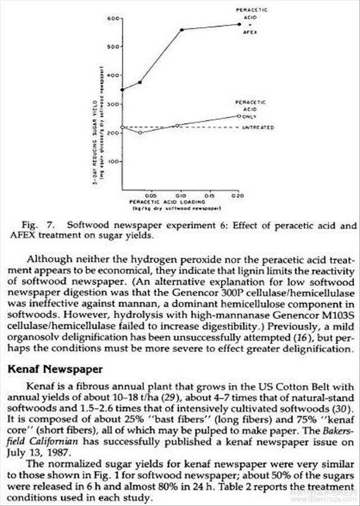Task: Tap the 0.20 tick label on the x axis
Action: click(x=237, y=195)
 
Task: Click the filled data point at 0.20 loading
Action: click(x=238, y=24)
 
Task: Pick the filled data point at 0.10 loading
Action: click(x=182, y=29)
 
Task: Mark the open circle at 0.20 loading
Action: click(x=238, y=116)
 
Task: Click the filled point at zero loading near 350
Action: click(x=122, y=89)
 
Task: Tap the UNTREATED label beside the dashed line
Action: click(x=258, y=128)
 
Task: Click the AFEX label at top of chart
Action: click(x=251, y=32)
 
